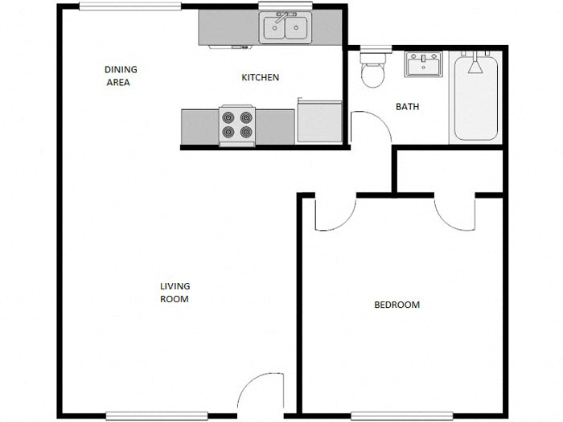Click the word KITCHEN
[261, 78]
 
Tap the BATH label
[407, 107]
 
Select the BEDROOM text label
[397, 305]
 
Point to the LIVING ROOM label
[175, 293]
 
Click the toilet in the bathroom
[373, 72]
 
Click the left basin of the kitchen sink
[273, 30]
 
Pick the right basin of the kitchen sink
[298, 30]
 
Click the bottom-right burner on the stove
[245, 133]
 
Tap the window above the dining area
[129, 6]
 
